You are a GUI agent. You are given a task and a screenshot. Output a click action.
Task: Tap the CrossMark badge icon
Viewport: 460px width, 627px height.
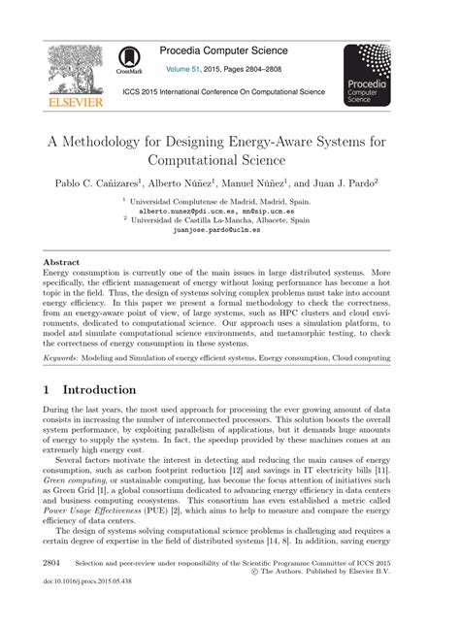128,60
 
